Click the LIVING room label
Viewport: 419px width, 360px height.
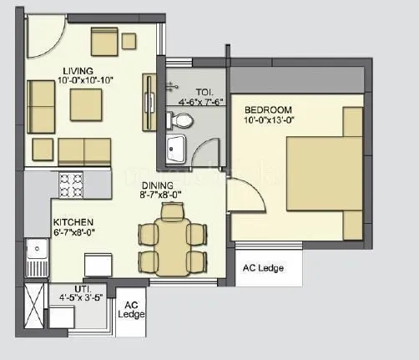(x=76, y=71)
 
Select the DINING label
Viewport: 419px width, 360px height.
(x=157, y=185)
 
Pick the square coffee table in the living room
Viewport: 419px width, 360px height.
(x=86, y=104)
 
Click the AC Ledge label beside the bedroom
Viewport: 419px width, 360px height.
(x=262, y=268)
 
